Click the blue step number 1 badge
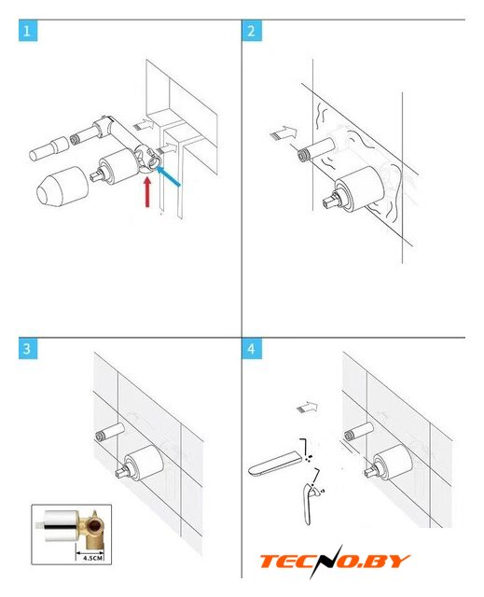tap(28, 31)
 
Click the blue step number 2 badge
tap(252, 31)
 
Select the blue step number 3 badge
tap(28, 349)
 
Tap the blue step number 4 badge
tap(252, 349)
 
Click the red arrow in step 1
tap(147, 192)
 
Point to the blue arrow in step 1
tap(168, 176)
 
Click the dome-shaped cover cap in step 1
tap(62, 187)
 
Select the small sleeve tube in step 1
tap(48, 149)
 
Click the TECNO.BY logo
tap(334, 562)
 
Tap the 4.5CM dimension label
tap(92, 558)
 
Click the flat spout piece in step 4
tap(275, 463)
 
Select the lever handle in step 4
tap(309, 504)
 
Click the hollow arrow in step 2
tap(283, 132)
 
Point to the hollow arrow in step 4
tap(307, 407)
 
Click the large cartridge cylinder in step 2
tap(361, 188)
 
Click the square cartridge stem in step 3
tap(122, 474)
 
